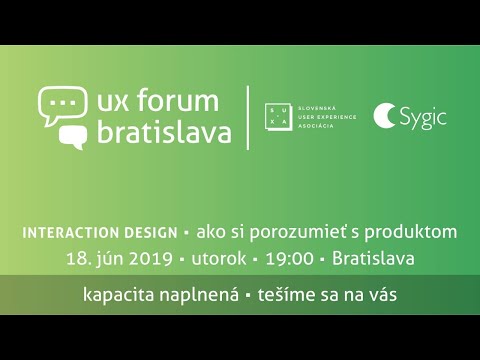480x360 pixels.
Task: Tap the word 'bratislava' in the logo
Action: tap(165, 132)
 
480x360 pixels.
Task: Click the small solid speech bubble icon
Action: tap(73, 136)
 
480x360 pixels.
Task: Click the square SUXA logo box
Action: tap(279, 117)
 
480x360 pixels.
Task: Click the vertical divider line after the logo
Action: tap(248, 117)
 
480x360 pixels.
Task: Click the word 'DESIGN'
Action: tap(151, 232)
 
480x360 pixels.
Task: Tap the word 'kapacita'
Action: tap(121, 297)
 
